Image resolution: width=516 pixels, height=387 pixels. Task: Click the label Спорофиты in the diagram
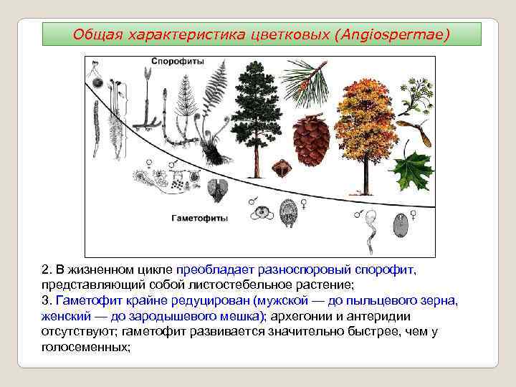coord(174,62)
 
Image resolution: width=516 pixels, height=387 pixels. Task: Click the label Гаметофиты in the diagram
coord(200,216)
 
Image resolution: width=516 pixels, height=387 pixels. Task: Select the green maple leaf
coord(411,171)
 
